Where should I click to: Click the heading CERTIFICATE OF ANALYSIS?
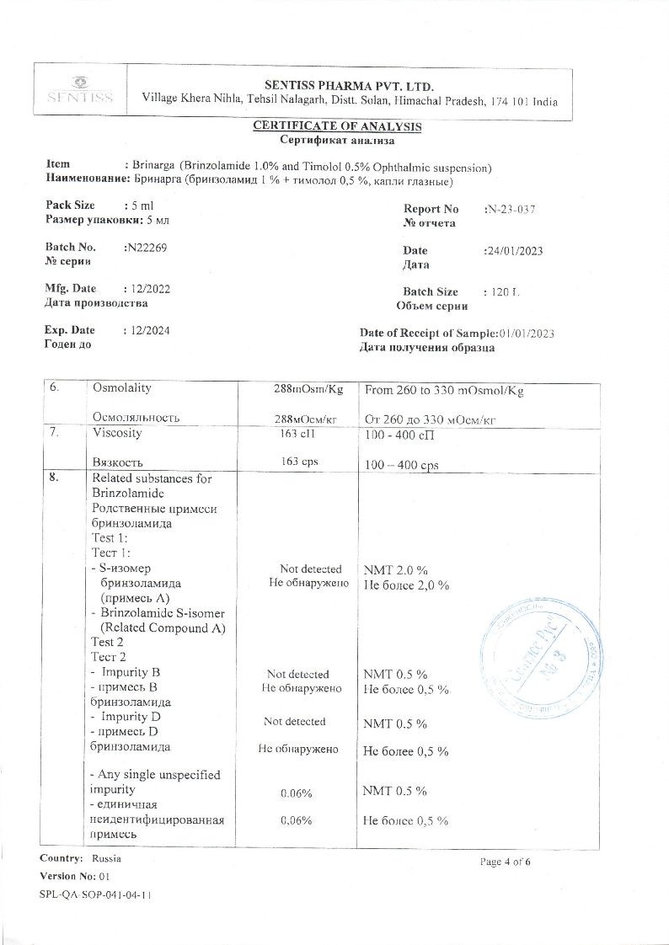coord(337,126)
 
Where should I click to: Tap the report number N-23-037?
coord(511,209)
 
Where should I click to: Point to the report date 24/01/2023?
coord(513,251)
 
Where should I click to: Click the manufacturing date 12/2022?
coord(149,289)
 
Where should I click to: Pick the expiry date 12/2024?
coord(149,330)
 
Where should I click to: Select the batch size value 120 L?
coord(505,292)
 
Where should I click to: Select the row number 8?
coord(55,478)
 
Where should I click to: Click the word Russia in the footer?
coord(106,859)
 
